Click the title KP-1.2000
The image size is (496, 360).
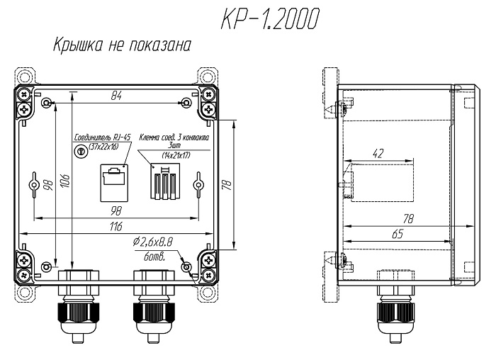(x=270, y=18)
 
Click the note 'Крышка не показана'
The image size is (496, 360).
(x=122, y=45)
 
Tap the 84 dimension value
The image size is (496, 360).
(x=116, y=96)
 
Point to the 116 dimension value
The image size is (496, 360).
(x=115, y=227)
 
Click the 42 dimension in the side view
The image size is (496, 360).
(x=378, y=154)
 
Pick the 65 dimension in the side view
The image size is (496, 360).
(x=398, y=234)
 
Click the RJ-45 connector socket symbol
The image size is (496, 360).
(x=114, y=183)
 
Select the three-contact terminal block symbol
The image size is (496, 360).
(x=165, y=181)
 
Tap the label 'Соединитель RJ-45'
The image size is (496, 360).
(x=102, y=137)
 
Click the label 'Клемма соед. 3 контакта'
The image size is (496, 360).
(x=174, y=137)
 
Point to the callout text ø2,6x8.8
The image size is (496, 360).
(x=153, y=242)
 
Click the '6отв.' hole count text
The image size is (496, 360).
(x=154, y=257)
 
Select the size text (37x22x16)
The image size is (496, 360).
(x=103, y=146)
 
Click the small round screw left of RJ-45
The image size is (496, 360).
(x=80, y=151)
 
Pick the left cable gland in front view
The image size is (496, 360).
(x=78, y=305)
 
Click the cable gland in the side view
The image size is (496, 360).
(x=395, y=305)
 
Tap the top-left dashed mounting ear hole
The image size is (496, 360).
(x=24, y=77)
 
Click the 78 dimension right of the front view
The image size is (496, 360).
(x=229, y=185)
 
